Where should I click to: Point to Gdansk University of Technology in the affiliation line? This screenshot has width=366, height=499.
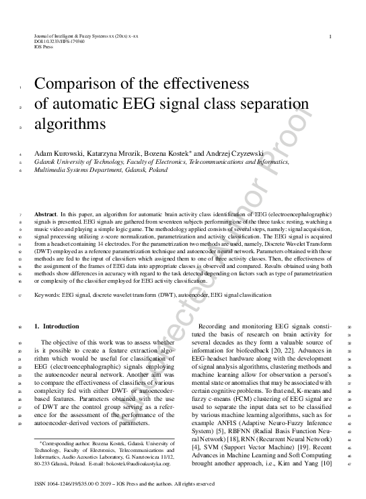click(77, 163)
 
